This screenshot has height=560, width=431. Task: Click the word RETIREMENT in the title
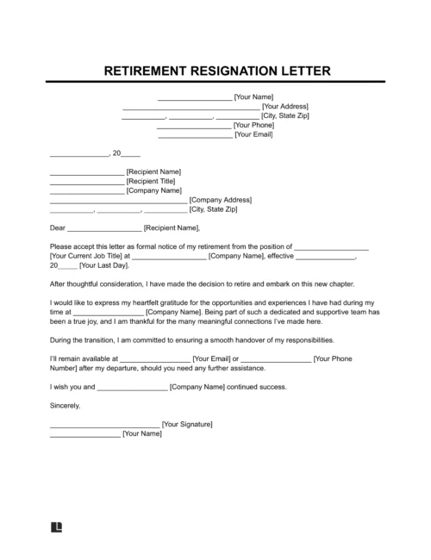point(149,70)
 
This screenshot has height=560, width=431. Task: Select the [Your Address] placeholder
point(284,106)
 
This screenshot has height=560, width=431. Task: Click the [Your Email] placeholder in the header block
point(253,134)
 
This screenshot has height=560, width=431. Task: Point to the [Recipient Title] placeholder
point(151,182)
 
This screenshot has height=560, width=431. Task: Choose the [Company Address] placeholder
point(220,200)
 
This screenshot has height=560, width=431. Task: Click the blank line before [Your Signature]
point(104,425)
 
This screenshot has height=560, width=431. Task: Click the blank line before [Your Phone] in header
point(194,126)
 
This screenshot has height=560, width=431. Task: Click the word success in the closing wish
point(269,386)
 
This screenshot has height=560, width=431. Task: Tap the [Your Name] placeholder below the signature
point(142,433)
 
